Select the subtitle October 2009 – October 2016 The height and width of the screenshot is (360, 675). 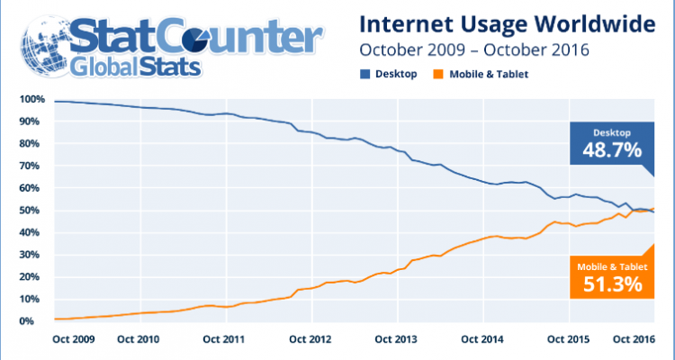coord(473,49)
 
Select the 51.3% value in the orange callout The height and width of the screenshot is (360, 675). coord(607,284)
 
